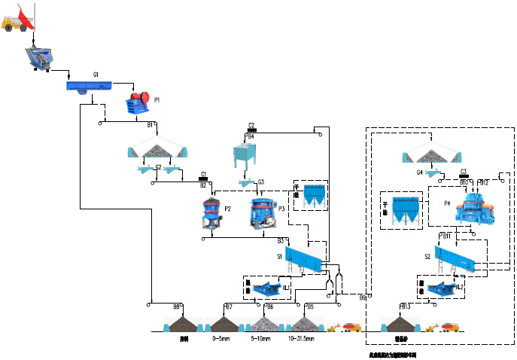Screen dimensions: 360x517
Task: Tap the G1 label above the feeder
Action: click(96, 75)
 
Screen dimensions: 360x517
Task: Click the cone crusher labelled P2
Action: click(211, 213)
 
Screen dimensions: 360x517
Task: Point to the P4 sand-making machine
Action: click(471, 208)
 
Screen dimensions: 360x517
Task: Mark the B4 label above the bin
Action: click(251, 136)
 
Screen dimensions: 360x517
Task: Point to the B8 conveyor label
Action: click(177, 307)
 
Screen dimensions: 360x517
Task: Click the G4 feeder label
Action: click(420, 172)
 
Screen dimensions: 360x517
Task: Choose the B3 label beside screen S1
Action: click(281, 241)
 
